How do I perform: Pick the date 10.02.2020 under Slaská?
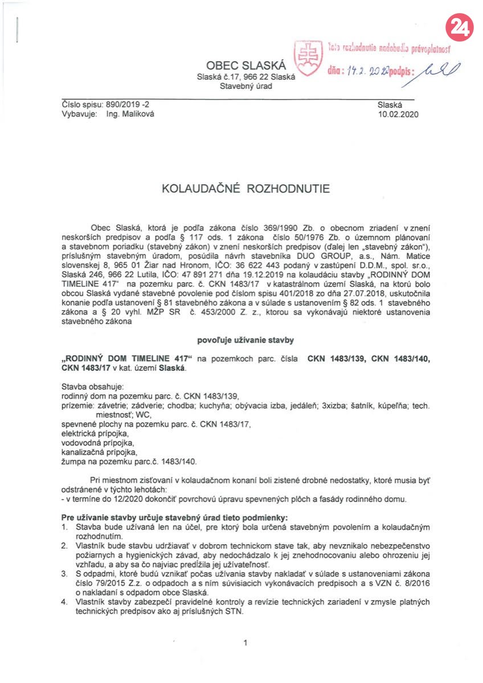(398, 114)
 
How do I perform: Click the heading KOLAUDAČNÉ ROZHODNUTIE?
(246, 188)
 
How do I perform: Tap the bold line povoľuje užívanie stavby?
(246, 340)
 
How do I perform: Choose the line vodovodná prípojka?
(97, 443)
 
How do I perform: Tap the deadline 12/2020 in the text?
(131, 499)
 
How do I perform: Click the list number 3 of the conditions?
(64, 573)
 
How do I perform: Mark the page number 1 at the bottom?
(245, 643)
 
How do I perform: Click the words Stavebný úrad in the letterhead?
(246, 87)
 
